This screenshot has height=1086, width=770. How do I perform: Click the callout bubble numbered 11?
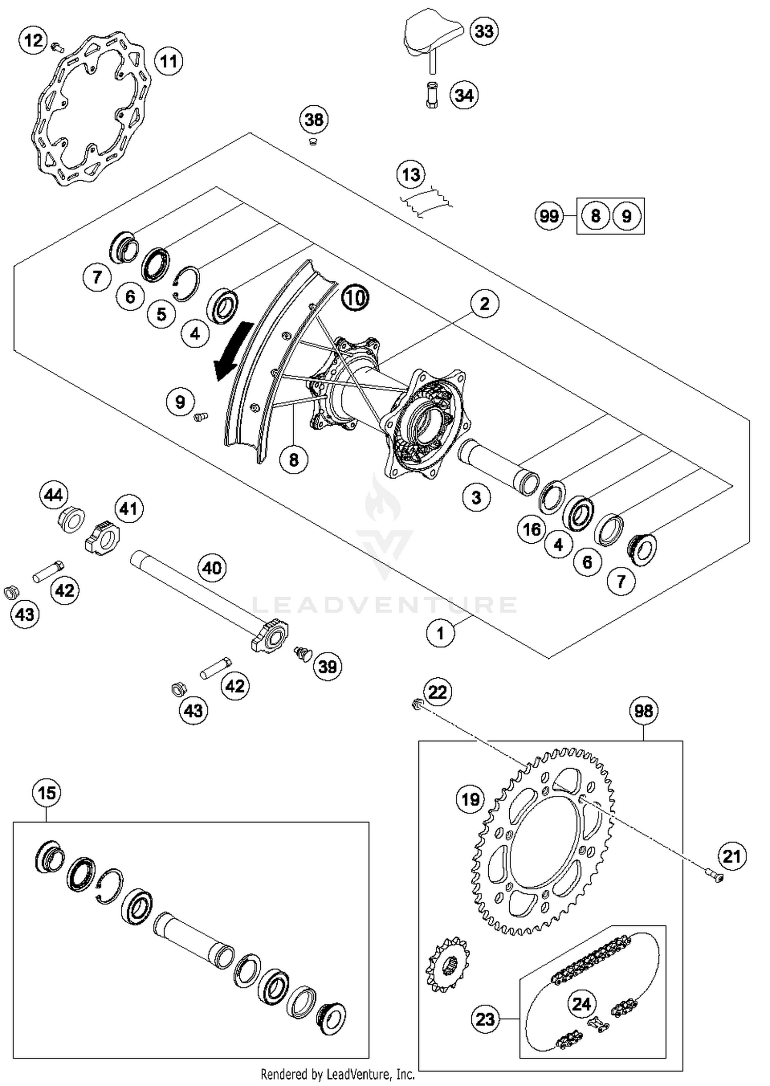point(168,62)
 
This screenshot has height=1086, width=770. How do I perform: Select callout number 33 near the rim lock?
point(484,31)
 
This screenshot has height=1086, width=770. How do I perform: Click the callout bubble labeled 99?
point(549,216)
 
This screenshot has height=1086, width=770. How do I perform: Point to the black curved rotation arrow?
point(232,351)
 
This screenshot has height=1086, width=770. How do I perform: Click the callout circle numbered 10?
point(355,297)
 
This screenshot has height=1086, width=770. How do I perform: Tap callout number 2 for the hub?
point(484,303)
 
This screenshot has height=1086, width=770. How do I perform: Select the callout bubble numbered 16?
point(531,529)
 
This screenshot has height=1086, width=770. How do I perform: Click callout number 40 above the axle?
point(212,568)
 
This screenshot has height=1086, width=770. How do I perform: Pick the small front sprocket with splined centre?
point(448,964)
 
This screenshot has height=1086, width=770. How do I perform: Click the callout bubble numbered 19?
point(470,799)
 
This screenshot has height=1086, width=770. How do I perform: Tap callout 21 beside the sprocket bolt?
point(731,856)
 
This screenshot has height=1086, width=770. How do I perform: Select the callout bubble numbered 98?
point(643,711)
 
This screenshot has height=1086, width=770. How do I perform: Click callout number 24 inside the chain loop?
point(582,1003)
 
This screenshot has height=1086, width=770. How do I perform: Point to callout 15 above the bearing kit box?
point(47,793)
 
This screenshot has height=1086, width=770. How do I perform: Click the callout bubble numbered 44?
point(53,495)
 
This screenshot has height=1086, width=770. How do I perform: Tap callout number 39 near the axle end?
point(327,666)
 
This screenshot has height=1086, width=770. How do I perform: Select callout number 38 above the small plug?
point(314,120)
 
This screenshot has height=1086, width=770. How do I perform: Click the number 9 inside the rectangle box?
point(626,216)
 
